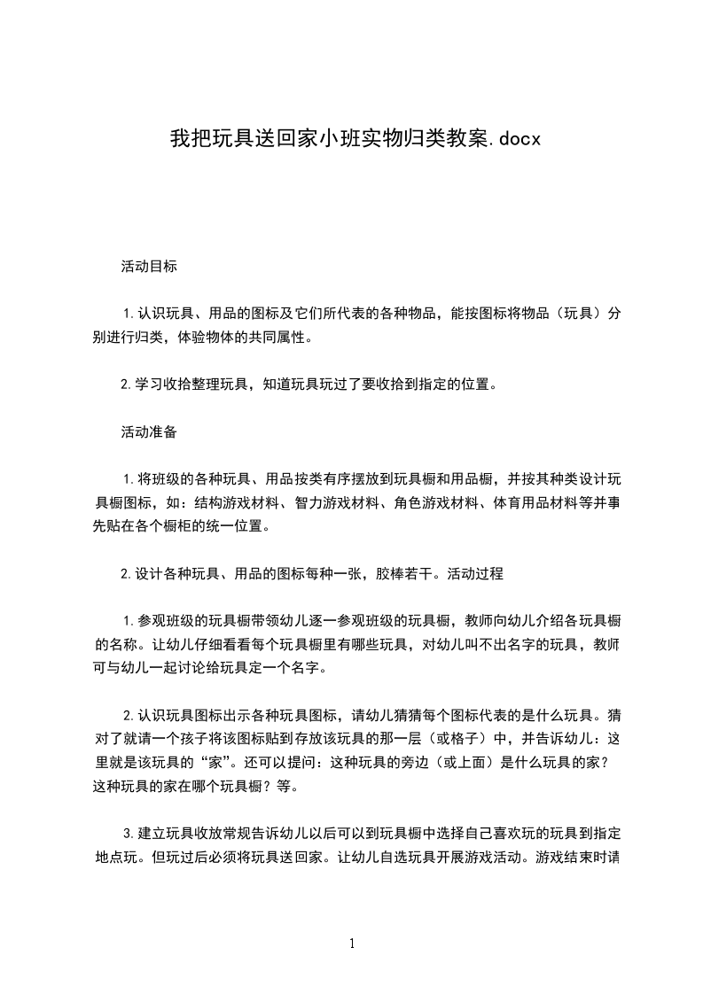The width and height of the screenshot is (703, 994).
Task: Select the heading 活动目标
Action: coord(149,265)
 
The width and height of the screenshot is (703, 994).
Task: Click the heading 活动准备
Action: coord(149,432)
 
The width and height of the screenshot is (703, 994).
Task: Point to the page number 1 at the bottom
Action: coord(352,944)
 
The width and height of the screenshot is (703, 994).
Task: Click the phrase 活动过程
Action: coord(475,573)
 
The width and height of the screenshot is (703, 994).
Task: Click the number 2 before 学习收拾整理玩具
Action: coord(125,384)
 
